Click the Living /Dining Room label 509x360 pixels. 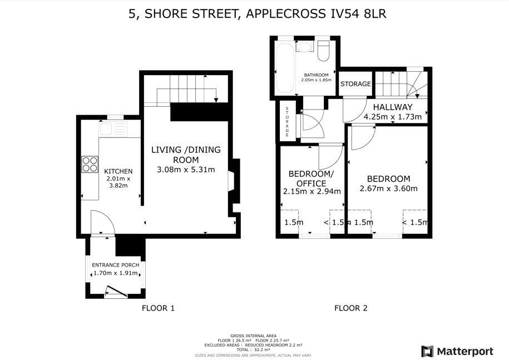(x=186, y=155)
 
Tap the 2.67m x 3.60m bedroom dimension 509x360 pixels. (x=388, y=189)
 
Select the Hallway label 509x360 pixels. (x=392, y=107)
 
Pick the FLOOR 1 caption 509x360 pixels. (x=159, y=308)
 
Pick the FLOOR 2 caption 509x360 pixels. (x=350, y=308)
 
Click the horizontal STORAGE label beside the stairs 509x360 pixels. (x=355, y=84)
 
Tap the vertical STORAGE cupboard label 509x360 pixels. (x=287, y=122)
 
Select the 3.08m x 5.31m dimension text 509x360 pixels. (x=186, y=169)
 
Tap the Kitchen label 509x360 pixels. (x=118, y=171)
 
